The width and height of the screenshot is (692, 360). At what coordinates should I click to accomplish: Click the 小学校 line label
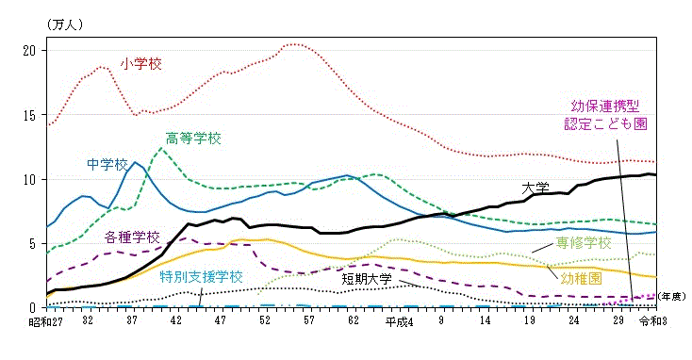[x=141, y=64]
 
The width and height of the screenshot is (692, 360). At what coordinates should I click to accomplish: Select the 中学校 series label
[x=107, y=164]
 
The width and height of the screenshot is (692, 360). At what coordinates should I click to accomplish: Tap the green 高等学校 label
[x=193, y=139]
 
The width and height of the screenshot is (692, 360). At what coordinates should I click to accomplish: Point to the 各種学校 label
[x=132, y=237]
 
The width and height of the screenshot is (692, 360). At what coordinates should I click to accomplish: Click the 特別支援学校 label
[x=201, y=277]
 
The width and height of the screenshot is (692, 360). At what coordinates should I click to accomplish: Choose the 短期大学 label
[x=367, y=279]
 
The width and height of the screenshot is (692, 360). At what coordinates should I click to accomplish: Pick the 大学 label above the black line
[x=535, y=187]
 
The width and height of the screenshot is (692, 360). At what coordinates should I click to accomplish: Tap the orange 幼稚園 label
[x=581, y=278]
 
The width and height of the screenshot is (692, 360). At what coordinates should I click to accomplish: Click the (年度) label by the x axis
[x=672, y=297]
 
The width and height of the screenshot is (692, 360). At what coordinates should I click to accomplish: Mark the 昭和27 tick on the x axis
[x=43, y=321]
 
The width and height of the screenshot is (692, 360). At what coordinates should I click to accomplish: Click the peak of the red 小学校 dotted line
[x=295, y=44]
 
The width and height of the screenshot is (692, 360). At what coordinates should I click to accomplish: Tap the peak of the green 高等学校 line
[x=161, y=148]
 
